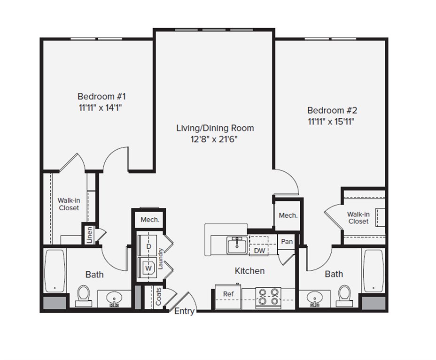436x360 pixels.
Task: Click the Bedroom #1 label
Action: pyautogui.click(x=101, y=96)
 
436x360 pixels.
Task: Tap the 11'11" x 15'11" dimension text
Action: pyautogui.click(x=331, y=122)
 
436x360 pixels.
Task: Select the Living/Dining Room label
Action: pyautogui.click(x=215, y=128)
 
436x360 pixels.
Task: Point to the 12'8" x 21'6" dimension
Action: pyautogui.click(x=214, y=139)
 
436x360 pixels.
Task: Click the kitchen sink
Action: pyautogui.click(x=237, y=245)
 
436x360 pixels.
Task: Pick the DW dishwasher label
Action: pyautogui.click(x=259, y=251)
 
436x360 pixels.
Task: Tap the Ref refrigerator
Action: pyautogui.click(x=228, y=296)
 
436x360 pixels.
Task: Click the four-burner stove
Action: pyautogui.click(x=268, y=297)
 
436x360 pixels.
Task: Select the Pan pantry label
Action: pyautogui.click(x=287, y=242)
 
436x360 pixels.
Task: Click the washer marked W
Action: pyautogui.click(x=148, y=268)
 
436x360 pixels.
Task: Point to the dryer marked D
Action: pyautogui.click(x=148, y=245)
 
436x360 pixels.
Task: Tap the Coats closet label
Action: pyautogui.click(x=158, y=296)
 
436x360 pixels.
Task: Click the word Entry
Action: pyautogui.click(x=184, y=311)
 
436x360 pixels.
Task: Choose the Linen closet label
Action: pyautogui.click(x=89, y=235)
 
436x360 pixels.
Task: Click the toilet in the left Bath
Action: pyautogui.click(x=84, y=296)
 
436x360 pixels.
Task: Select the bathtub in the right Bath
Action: pyautogui.click(x=373, y=270)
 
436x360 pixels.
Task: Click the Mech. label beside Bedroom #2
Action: pyautogui.click(x=288, y=215)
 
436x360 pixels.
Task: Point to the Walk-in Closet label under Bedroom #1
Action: pyautogui.click(x=69, y=204)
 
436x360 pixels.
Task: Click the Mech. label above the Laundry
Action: pyautogui.click(x=150, y=220)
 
